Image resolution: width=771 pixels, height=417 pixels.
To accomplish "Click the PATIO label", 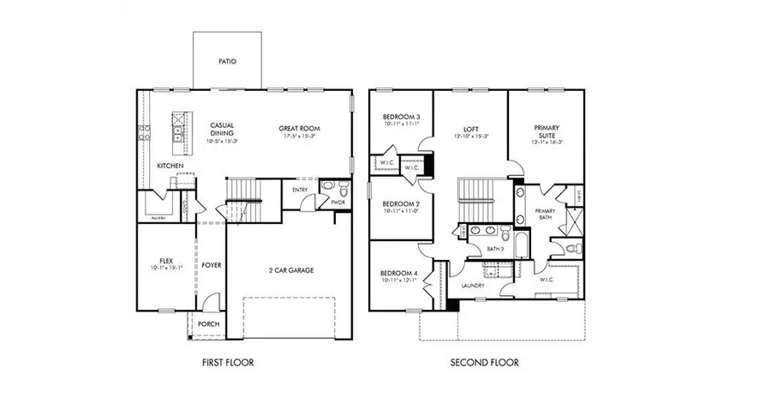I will [x=227, y=62].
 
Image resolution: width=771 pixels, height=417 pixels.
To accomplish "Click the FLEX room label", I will [x=167, y=260].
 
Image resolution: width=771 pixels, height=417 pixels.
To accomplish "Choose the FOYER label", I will [x=212, y=265].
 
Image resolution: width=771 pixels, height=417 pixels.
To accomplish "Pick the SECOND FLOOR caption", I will [x=485, y=363].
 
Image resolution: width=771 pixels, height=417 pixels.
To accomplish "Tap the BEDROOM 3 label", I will [x=401, y=116].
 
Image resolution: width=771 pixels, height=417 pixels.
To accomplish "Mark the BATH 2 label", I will [x=494, y=249].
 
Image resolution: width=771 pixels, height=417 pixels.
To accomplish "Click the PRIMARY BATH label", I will [x=546, y=215].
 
